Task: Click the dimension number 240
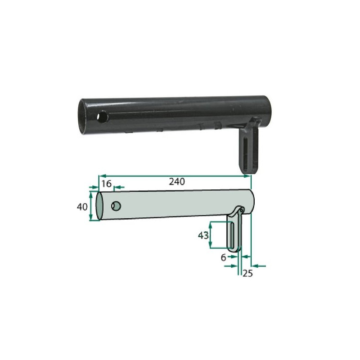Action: [177, 182]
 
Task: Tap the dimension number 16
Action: [106, 184]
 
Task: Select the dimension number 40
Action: [82, 207]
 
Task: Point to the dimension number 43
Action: [203, 235]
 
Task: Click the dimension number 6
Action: [223, 258]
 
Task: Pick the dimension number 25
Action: [247, 273]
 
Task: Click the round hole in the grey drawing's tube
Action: [116, 206]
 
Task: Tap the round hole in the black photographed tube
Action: [102, 117]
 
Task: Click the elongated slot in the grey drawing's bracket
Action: [232, 235]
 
